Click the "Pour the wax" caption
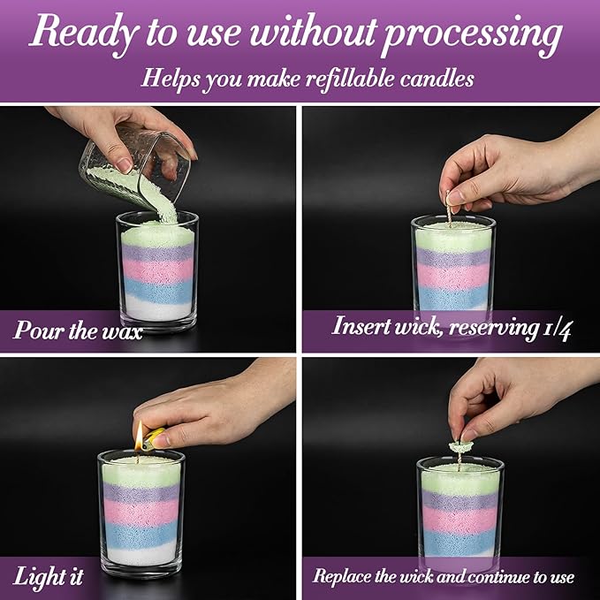(x=78, y=332)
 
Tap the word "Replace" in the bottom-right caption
(x=346, y=577)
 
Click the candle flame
(x=139, y=434)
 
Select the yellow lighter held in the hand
(x=155, y=436)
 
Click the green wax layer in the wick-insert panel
(x=452, y=236)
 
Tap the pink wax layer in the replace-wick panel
(x=459, y=521)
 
